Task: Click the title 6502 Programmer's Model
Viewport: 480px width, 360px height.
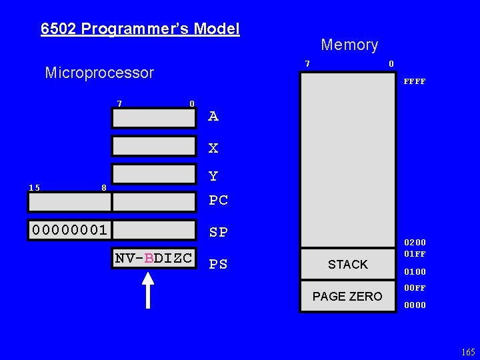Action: [140, 29]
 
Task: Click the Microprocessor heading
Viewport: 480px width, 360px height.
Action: [99, 73]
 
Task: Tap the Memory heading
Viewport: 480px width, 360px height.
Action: [349, 45]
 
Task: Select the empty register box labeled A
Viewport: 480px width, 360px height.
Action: [155, 117]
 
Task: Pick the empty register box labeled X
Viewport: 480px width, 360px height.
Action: [155, 146]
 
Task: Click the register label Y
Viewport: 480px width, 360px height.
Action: [213, 177]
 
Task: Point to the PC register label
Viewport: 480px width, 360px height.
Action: [218, 200]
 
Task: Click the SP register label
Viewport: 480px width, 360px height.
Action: [218, 233]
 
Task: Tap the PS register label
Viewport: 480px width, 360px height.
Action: [218, 265]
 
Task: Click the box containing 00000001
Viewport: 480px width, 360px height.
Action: [70, 230]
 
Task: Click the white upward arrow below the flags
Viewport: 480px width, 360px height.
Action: [147, 290]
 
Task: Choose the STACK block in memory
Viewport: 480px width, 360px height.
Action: [348, 265]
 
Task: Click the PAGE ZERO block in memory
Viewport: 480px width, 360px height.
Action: [348, 296]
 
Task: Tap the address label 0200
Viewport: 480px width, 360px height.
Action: [415, 243]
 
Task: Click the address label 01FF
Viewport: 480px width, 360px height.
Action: [415, 253]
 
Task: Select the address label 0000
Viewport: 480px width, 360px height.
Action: [415, 306]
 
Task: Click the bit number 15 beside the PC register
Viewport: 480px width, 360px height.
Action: [34, 188]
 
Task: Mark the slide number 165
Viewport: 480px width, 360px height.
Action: [468, 352]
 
